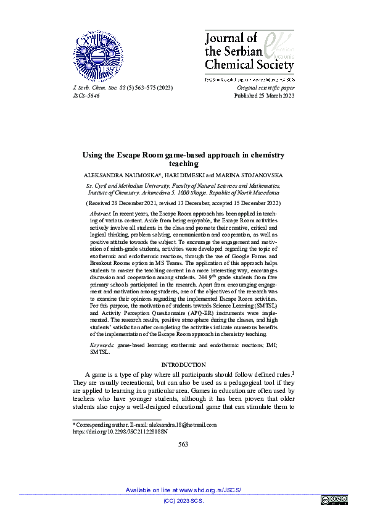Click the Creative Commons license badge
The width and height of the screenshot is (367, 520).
tap(334, 500)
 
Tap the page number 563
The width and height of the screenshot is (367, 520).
tap(183, 444)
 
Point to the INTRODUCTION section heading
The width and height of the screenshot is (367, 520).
tap(183, 365)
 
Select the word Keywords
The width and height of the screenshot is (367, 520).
tap(102, 344)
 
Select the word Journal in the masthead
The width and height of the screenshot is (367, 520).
tap(223, 39)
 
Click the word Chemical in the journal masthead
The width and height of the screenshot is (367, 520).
tap(227, 64)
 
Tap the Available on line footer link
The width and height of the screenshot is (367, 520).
tap(183, 490)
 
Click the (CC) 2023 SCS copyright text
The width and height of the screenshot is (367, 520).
tap(183, 501)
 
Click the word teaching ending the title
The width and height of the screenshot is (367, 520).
tap(183, 164)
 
